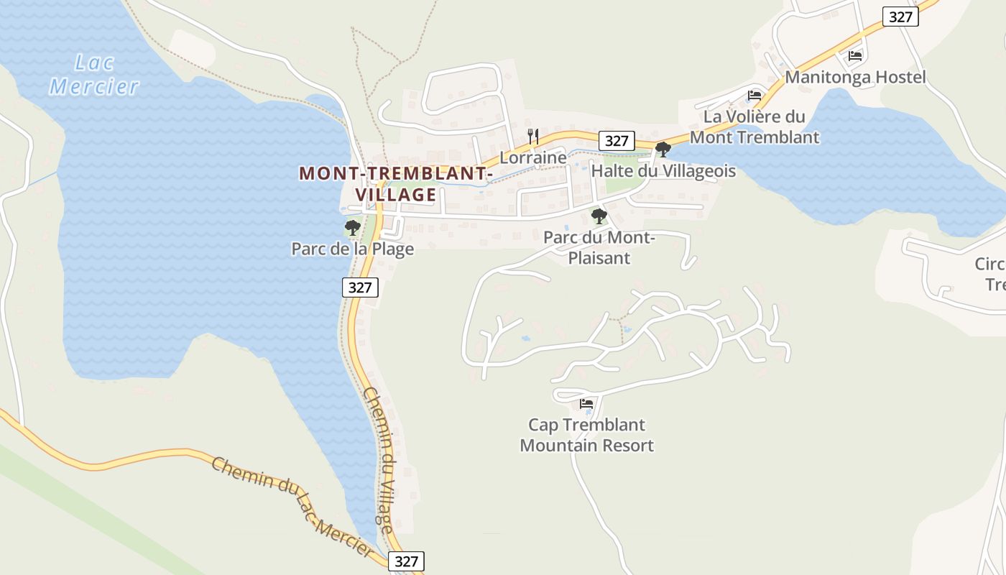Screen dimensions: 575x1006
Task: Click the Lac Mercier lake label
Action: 94,75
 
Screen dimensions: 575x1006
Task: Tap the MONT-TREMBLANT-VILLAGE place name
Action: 396,184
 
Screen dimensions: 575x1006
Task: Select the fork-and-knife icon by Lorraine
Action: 533,135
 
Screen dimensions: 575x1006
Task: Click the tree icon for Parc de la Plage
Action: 352,228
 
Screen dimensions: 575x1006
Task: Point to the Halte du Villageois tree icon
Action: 663,149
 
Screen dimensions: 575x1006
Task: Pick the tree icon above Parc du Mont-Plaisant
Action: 599,216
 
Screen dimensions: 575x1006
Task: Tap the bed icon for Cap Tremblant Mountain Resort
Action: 586,404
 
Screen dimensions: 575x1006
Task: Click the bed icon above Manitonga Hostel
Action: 855,55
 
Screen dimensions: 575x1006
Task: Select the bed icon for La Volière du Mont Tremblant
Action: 754,95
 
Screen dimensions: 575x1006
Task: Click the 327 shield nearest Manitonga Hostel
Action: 900,17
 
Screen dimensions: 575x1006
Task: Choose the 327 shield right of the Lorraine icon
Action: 617,141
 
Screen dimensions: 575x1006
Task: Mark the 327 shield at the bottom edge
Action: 406,561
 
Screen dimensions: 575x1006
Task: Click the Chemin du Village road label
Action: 379,460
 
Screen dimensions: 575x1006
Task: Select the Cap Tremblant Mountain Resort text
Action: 586,435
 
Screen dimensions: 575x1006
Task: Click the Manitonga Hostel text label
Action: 855,77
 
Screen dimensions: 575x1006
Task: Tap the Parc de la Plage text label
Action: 352,249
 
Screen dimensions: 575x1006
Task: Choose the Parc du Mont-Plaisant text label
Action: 599,247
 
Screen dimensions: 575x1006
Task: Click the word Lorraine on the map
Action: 533,157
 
